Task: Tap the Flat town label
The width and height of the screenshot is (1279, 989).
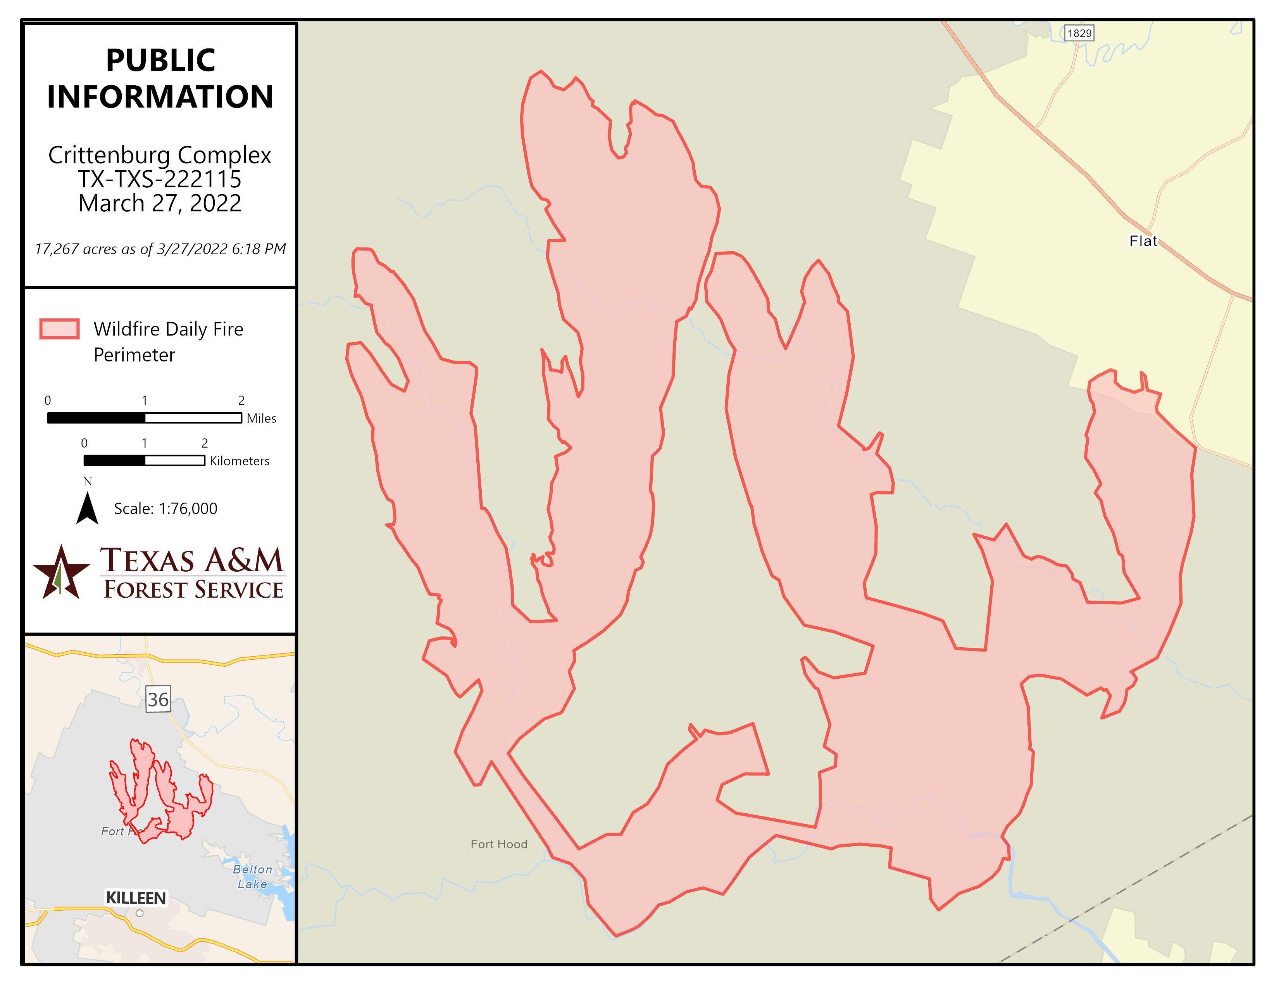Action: point(1143,241)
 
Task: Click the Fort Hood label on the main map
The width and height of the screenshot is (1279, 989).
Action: point(498,844)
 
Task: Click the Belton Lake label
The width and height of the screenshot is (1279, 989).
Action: point(252,877)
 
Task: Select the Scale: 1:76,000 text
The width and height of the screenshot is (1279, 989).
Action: point(165,508)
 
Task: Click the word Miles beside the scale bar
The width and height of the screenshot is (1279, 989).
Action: point(261,418)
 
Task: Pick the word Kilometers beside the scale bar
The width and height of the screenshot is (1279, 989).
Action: point(240,461)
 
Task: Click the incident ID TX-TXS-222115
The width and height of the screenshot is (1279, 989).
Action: point(160,179)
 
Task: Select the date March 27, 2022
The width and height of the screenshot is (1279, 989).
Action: point(160,203)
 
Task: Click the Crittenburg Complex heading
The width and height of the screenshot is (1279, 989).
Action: point(160,155)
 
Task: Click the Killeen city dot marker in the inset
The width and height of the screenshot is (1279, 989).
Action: point(140,913)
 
